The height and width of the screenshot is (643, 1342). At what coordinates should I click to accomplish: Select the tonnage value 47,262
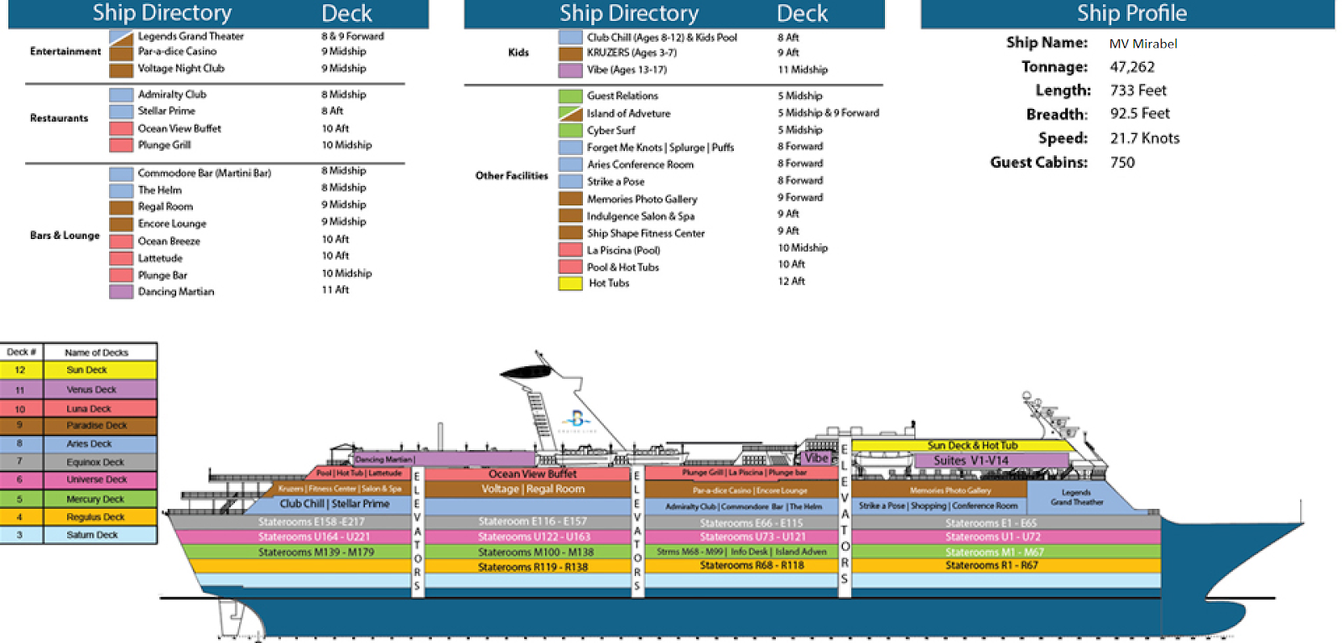[1132, 67]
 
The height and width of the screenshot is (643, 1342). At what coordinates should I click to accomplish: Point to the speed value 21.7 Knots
[1145, 138]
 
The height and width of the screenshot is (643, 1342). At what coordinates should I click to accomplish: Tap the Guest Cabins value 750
[1122, 163]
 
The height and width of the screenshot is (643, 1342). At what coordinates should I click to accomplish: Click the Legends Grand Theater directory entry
[190, 36]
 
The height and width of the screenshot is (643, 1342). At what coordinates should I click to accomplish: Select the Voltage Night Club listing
[180, 69]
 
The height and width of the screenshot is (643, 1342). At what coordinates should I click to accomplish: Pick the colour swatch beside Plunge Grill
[121, 145]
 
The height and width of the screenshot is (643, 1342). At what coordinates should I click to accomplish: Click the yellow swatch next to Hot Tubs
[570, 283]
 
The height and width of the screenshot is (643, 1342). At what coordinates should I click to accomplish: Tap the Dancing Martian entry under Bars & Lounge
[175, 292]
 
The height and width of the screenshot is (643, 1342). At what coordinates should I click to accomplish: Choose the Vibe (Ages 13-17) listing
[627, 70]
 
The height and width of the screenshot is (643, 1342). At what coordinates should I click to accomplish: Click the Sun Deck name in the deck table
[87, 370]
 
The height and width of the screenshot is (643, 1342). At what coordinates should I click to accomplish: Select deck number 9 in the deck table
[19, 425]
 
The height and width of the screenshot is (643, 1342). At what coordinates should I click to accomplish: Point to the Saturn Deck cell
[92, 535]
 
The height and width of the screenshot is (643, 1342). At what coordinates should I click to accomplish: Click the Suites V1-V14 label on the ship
[970, 460]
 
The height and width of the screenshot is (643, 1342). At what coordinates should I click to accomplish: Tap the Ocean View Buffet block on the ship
[532, 474]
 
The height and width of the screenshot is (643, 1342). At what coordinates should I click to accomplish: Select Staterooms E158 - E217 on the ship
[311, 521]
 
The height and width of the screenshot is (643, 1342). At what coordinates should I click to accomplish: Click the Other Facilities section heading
[511, 176]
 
